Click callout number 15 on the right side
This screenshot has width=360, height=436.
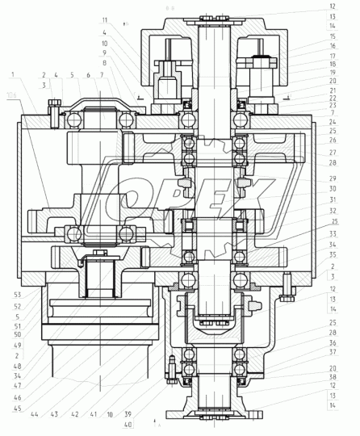coord(333,37)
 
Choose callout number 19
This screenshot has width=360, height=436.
coord(333,72)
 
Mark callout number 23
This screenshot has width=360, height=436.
coord(333,105)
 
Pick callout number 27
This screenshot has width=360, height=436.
coord(333,151)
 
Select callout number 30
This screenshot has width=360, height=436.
coord(333,190)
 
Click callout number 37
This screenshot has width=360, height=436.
coord(333,352)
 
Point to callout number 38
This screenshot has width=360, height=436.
coord(333,377)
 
